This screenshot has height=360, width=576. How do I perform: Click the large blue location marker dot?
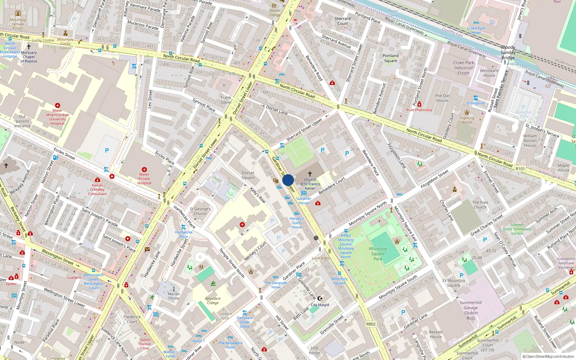coord(288,180)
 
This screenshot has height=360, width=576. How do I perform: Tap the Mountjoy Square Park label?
coord(378,253)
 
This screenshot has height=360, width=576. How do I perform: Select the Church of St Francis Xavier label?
coord(310,184)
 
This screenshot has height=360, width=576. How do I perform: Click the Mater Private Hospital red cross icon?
coord(144,170)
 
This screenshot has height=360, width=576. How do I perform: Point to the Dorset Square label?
coord(248,175)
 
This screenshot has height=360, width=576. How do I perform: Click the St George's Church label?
coord(200,211)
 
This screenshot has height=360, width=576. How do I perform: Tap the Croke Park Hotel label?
coord(476,30)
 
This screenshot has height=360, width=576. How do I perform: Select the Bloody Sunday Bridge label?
coord(508,53)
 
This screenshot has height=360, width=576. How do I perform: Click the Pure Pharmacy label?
coord(419,110)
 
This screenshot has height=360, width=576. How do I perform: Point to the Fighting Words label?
coord(467,120)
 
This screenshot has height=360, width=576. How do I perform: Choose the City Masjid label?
coord(320,305)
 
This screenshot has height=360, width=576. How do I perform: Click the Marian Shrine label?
coord(174,296)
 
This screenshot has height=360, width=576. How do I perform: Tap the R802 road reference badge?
coord(371,324)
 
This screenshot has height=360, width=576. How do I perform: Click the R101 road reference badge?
coord(520,168)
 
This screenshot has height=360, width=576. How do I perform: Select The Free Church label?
coord(480,205)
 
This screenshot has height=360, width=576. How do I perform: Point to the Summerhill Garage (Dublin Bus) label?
coord(471,310)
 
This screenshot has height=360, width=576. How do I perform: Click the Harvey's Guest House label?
coord(297,222)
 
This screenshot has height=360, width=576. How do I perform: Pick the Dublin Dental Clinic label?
coord(145,344)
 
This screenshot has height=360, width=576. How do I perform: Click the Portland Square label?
coord(391,58)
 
